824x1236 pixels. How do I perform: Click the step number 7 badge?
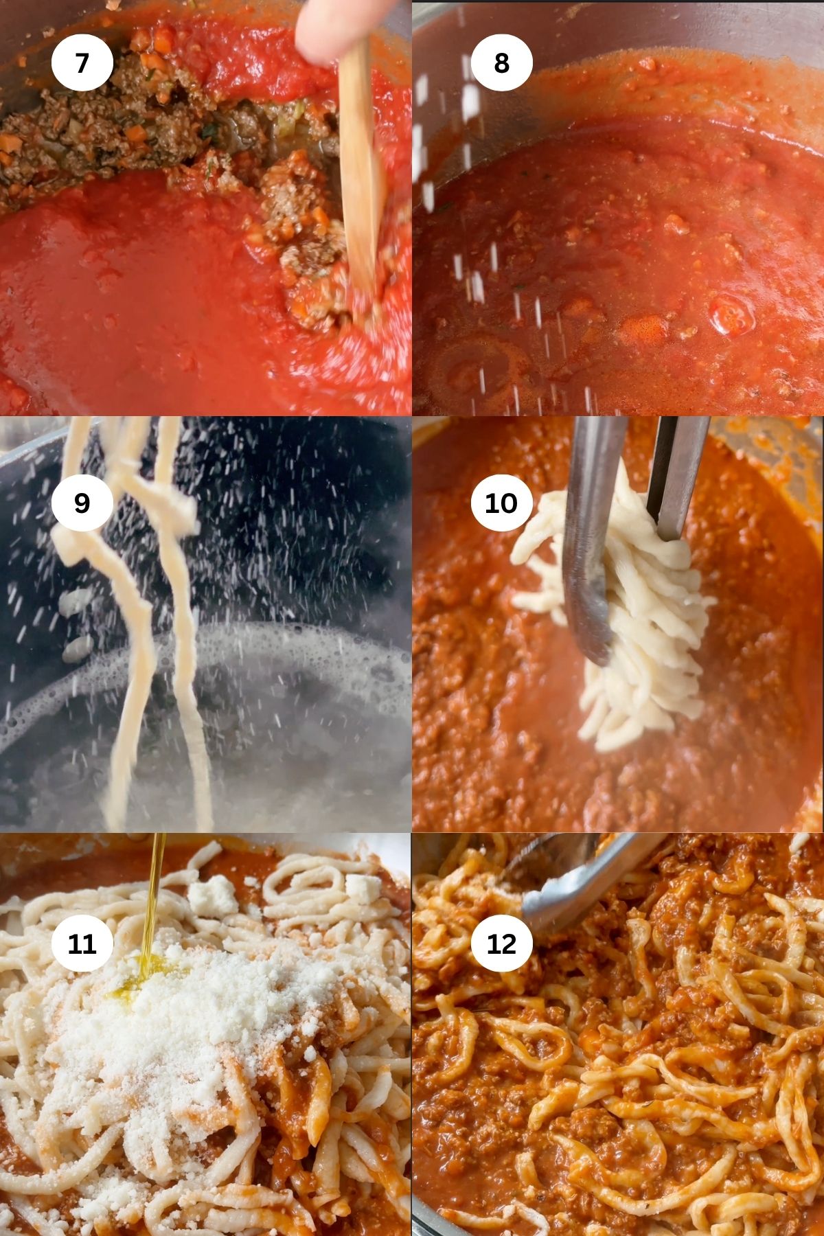[82, 62]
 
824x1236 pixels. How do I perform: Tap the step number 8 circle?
[501, 62]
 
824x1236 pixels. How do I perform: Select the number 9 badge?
[82, 503]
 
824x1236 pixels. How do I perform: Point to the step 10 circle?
[501, 503]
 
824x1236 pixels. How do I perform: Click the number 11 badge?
[82, 943]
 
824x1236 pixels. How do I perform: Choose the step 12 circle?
[501, 943]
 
